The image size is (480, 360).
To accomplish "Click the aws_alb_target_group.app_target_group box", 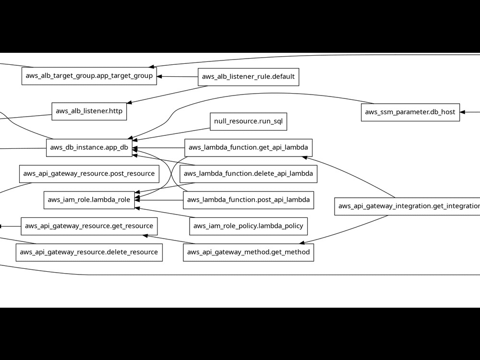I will coord(89,76).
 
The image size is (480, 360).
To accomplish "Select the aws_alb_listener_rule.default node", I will coord(248,77).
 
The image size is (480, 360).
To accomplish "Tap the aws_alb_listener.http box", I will coord(89,111).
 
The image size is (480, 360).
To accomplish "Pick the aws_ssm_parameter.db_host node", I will coord(410,112).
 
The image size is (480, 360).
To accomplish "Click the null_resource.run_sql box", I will coord(248,121).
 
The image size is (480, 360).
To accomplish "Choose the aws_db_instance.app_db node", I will coord(89,147).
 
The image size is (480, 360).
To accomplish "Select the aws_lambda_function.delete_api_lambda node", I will coord(248,173).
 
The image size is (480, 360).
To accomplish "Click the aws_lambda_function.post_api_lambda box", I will coord(248,200).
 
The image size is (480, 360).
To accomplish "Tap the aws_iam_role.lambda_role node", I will coord(89,200).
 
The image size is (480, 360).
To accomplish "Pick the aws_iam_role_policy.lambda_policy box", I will coord(248,226).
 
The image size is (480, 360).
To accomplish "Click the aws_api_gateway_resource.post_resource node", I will coord(89,173).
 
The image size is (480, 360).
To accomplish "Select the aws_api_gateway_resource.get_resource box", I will coord(89,226).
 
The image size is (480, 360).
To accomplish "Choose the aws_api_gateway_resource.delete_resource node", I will coord(89,252).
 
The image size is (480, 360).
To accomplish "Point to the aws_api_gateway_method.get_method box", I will coord(248,252).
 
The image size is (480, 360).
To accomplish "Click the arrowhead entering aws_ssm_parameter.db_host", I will coord(463,112).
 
